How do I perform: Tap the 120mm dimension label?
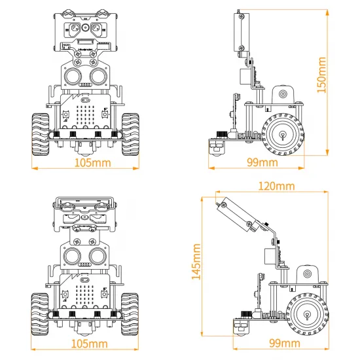276,186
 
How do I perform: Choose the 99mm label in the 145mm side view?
285,344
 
